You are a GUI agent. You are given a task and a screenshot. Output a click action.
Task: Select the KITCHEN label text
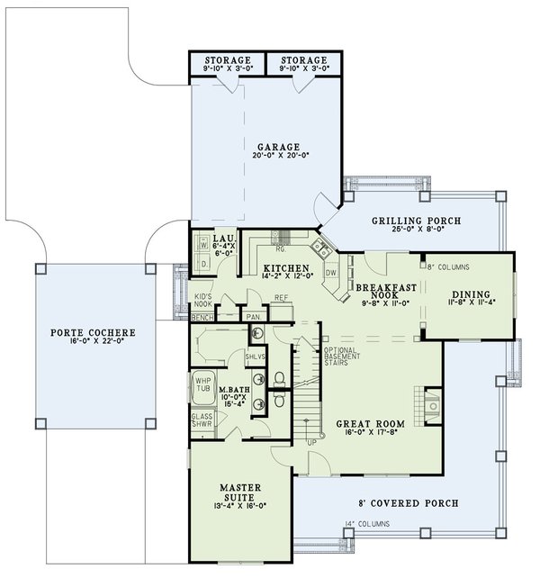(x=286, y=269)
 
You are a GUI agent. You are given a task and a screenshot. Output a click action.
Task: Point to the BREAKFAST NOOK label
(x=384, y=290)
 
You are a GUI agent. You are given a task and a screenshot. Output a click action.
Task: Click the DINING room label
(x=471, y=294)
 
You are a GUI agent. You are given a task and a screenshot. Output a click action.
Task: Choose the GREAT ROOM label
(x=372, y=423)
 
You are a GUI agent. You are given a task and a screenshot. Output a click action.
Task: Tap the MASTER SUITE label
(x=241, y=492)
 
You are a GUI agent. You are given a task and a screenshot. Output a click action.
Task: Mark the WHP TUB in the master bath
(x=202, y=384)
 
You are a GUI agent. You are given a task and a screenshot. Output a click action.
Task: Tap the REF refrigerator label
(x=280, y=297)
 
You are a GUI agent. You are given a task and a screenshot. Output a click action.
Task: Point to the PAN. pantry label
(x=253, y=317)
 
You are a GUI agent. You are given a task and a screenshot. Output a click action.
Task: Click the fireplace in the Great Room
(x=430, y=407)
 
